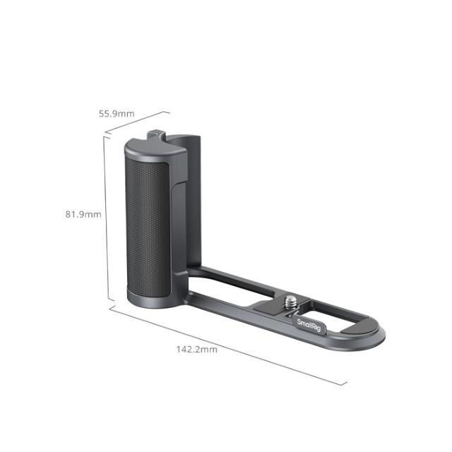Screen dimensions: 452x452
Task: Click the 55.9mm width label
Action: [x=117, y=113]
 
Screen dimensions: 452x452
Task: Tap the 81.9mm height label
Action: [x=83, y=214]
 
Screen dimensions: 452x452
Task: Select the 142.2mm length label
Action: [x=196, y=349]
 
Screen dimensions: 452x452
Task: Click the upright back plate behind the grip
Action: [x=194, y=205]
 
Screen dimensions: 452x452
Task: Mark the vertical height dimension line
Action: [x=105, y=219]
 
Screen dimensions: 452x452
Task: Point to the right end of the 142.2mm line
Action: [x=347, y=384]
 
